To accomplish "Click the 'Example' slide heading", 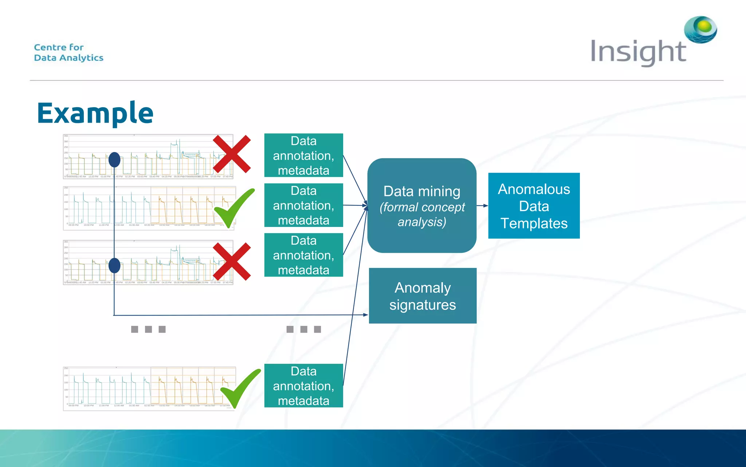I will pyautogui.click(x=95, y=113).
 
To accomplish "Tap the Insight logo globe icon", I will pyautogui.click(x=700, y=29).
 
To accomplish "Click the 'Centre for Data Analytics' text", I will pyautogui.click(x=68, y=53).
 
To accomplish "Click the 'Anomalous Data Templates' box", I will pyautogui.click(x=534, y=206).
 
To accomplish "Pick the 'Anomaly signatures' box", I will pyautogui.click(x=423, y=296).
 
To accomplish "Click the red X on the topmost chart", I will pyautogui.click(x=232, y=154).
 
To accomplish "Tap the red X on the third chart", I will pyautogui.click(x=232, y=261).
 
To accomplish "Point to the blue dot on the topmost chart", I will pyautogui.click(x=114, y=160).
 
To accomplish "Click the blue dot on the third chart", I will pyautogui.click(x=114, y=266).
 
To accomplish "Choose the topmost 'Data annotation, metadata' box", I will pyautogui.click(x=303, y=155).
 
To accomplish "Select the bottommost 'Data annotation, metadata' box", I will pyautogui.click(x=303, y=386).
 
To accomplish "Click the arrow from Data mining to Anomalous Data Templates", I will pyautogui.click(x=482, y=206).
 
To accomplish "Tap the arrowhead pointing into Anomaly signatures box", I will pyautogui.click(x=365, y=314).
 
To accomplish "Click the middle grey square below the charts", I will pyautogui.click(x=148, y=329).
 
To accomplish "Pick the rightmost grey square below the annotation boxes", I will pyautogui.click(x=317, y=329).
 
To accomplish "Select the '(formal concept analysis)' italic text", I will pyautogui.click(x=422, y=215).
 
